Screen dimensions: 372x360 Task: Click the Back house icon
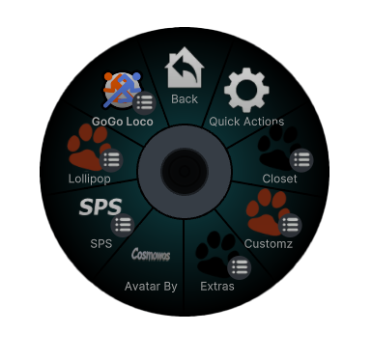185,68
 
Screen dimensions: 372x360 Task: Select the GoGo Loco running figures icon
123,90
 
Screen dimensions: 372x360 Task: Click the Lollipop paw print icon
90,148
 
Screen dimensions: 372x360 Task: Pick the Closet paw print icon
279,148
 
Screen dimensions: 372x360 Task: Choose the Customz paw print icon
268,212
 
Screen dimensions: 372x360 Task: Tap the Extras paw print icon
217,254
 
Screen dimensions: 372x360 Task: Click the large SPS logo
100,207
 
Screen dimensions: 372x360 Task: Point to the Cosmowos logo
151,254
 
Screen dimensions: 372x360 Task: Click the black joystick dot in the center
185,171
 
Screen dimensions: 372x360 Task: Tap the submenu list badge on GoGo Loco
144,103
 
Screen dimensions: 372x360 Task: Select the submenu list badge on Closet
301,160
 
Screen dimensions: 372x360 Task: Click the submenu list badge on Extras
240,267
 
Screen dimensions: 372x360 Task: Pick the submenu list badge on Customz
290,225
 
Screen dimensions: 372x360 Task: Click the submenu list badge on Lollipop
111,160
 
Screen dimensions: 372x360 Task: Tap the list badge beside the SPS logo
123,225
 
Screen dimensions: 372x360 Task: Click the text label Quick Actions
246,122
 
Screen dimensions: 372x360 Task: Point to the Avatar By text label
151,287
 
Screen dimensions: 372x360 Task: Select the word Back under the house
185,99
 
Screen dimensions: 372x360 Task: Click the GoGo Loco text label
123,122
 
